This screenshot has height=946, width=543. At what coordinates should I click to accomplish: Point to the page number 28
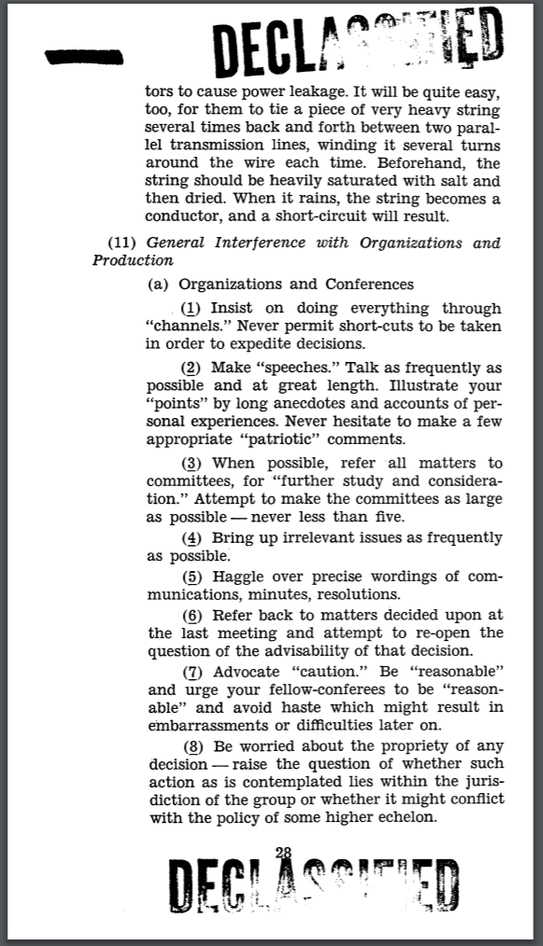tap(284, 850)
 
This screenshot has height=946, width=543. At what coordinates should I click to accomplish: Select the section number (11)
tap(124, 243)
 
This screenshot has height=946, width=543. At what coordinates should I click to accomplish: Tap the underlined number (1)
tap(192, 308)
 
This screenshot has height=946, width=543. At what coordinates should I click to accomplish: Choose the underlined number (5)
tap(192, 577)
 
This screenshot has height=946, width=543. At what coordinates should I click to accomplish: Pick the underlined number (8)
tap(192, 746)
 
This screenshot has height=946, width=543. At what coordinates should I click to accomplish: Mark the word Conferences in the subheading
tap(369, 284)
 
